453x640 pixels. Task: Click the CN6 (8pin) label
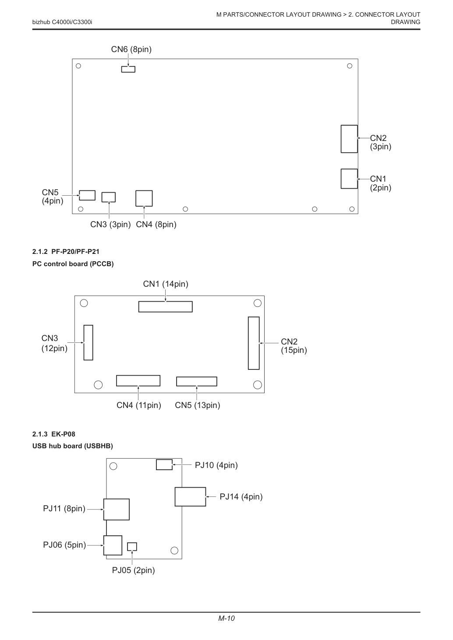point(131,49)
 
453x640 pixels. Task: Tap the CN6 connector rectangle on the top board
point(128,69)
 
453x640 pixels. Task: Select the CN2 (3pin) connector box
point(349,139)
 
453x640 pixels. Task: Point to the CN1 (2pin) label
point(381,183)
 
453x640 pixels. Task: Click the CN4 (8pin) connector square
point(144,198)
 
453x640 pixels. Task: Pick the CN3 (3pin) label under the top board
point(110,225)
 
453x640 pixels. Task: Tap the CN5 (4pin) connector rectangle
point(87,195)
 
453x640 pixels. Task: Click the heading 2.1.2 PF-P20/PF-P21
point(66,252)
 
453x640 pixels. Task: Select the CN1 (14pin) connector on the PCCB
point(166,306)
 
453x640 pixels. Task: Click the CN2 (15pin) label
point(294,346)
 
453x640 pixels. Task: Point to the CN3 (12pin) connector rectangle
point(88,343)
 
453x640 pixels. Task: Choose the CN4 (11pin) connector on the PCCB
point(138,380)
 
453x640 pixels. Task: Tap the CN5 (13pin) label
point(198,405)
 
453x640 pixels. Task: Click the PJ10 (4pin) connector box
point(164,465)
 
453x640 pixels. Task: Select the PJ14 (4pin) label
point(241,496)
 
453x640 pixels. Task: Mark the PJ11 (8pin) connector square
point(117,510)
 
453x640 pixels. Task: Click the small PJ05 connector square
point(132,547)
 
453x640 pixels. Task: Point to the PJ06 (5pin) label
point(65,545)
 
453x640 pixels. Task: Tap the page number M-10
point(226,618)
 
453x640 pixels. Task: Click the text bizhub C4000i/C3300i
point(62,22)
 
